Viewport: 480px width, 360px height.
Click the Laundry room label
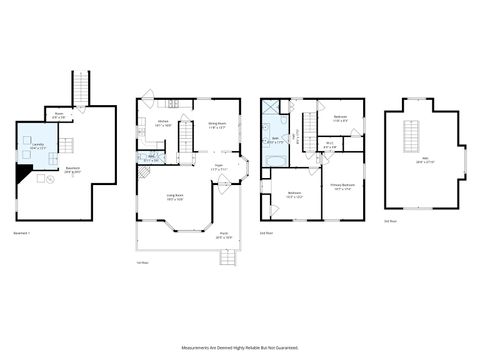click(x=37, y=146)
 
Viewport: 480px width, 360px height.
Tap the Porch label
click(x=222, y=236)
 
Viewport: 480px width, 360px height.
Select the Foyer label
click(x=218, y=168)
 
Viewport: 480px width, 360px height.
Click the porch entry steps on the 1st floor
click(x=227, y=258)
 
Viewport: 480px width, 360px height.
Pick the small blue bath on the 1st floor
click(x=151, y=157)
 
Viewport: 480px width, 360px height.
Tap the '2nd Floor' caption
click(x=267, y=232)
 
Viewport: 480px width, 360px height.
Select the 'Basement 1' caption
click(x=22, y=232)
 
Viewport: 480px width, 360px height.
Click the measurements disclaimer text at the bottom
click(x=240, y=347)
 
